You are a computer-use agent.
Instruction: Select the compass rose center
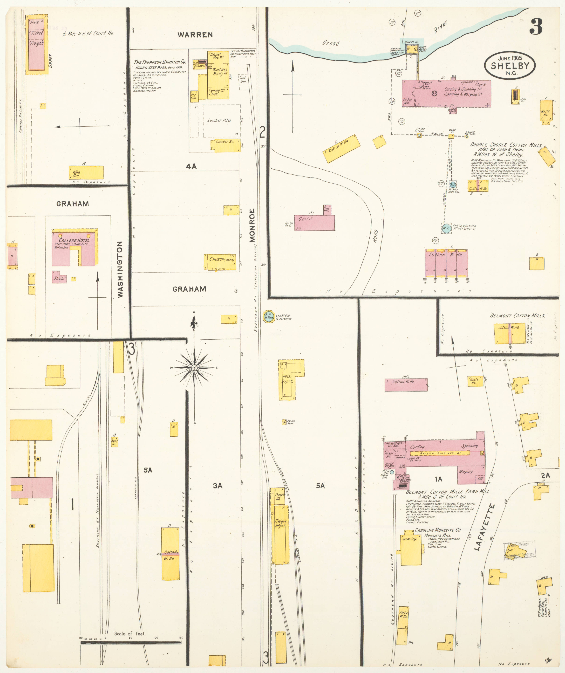point(194,368)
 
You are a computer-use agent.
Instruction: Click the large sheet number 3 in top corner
point(536,27)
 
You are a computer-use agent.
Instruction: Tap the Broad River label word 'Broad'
point(331,43)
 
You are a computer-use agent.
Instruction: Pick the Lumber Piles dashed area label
point(219,120)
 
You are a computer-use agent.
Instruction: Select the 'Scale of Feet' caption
point(130,634)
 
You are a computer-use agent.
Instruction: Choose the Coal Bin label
point(243,79)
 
